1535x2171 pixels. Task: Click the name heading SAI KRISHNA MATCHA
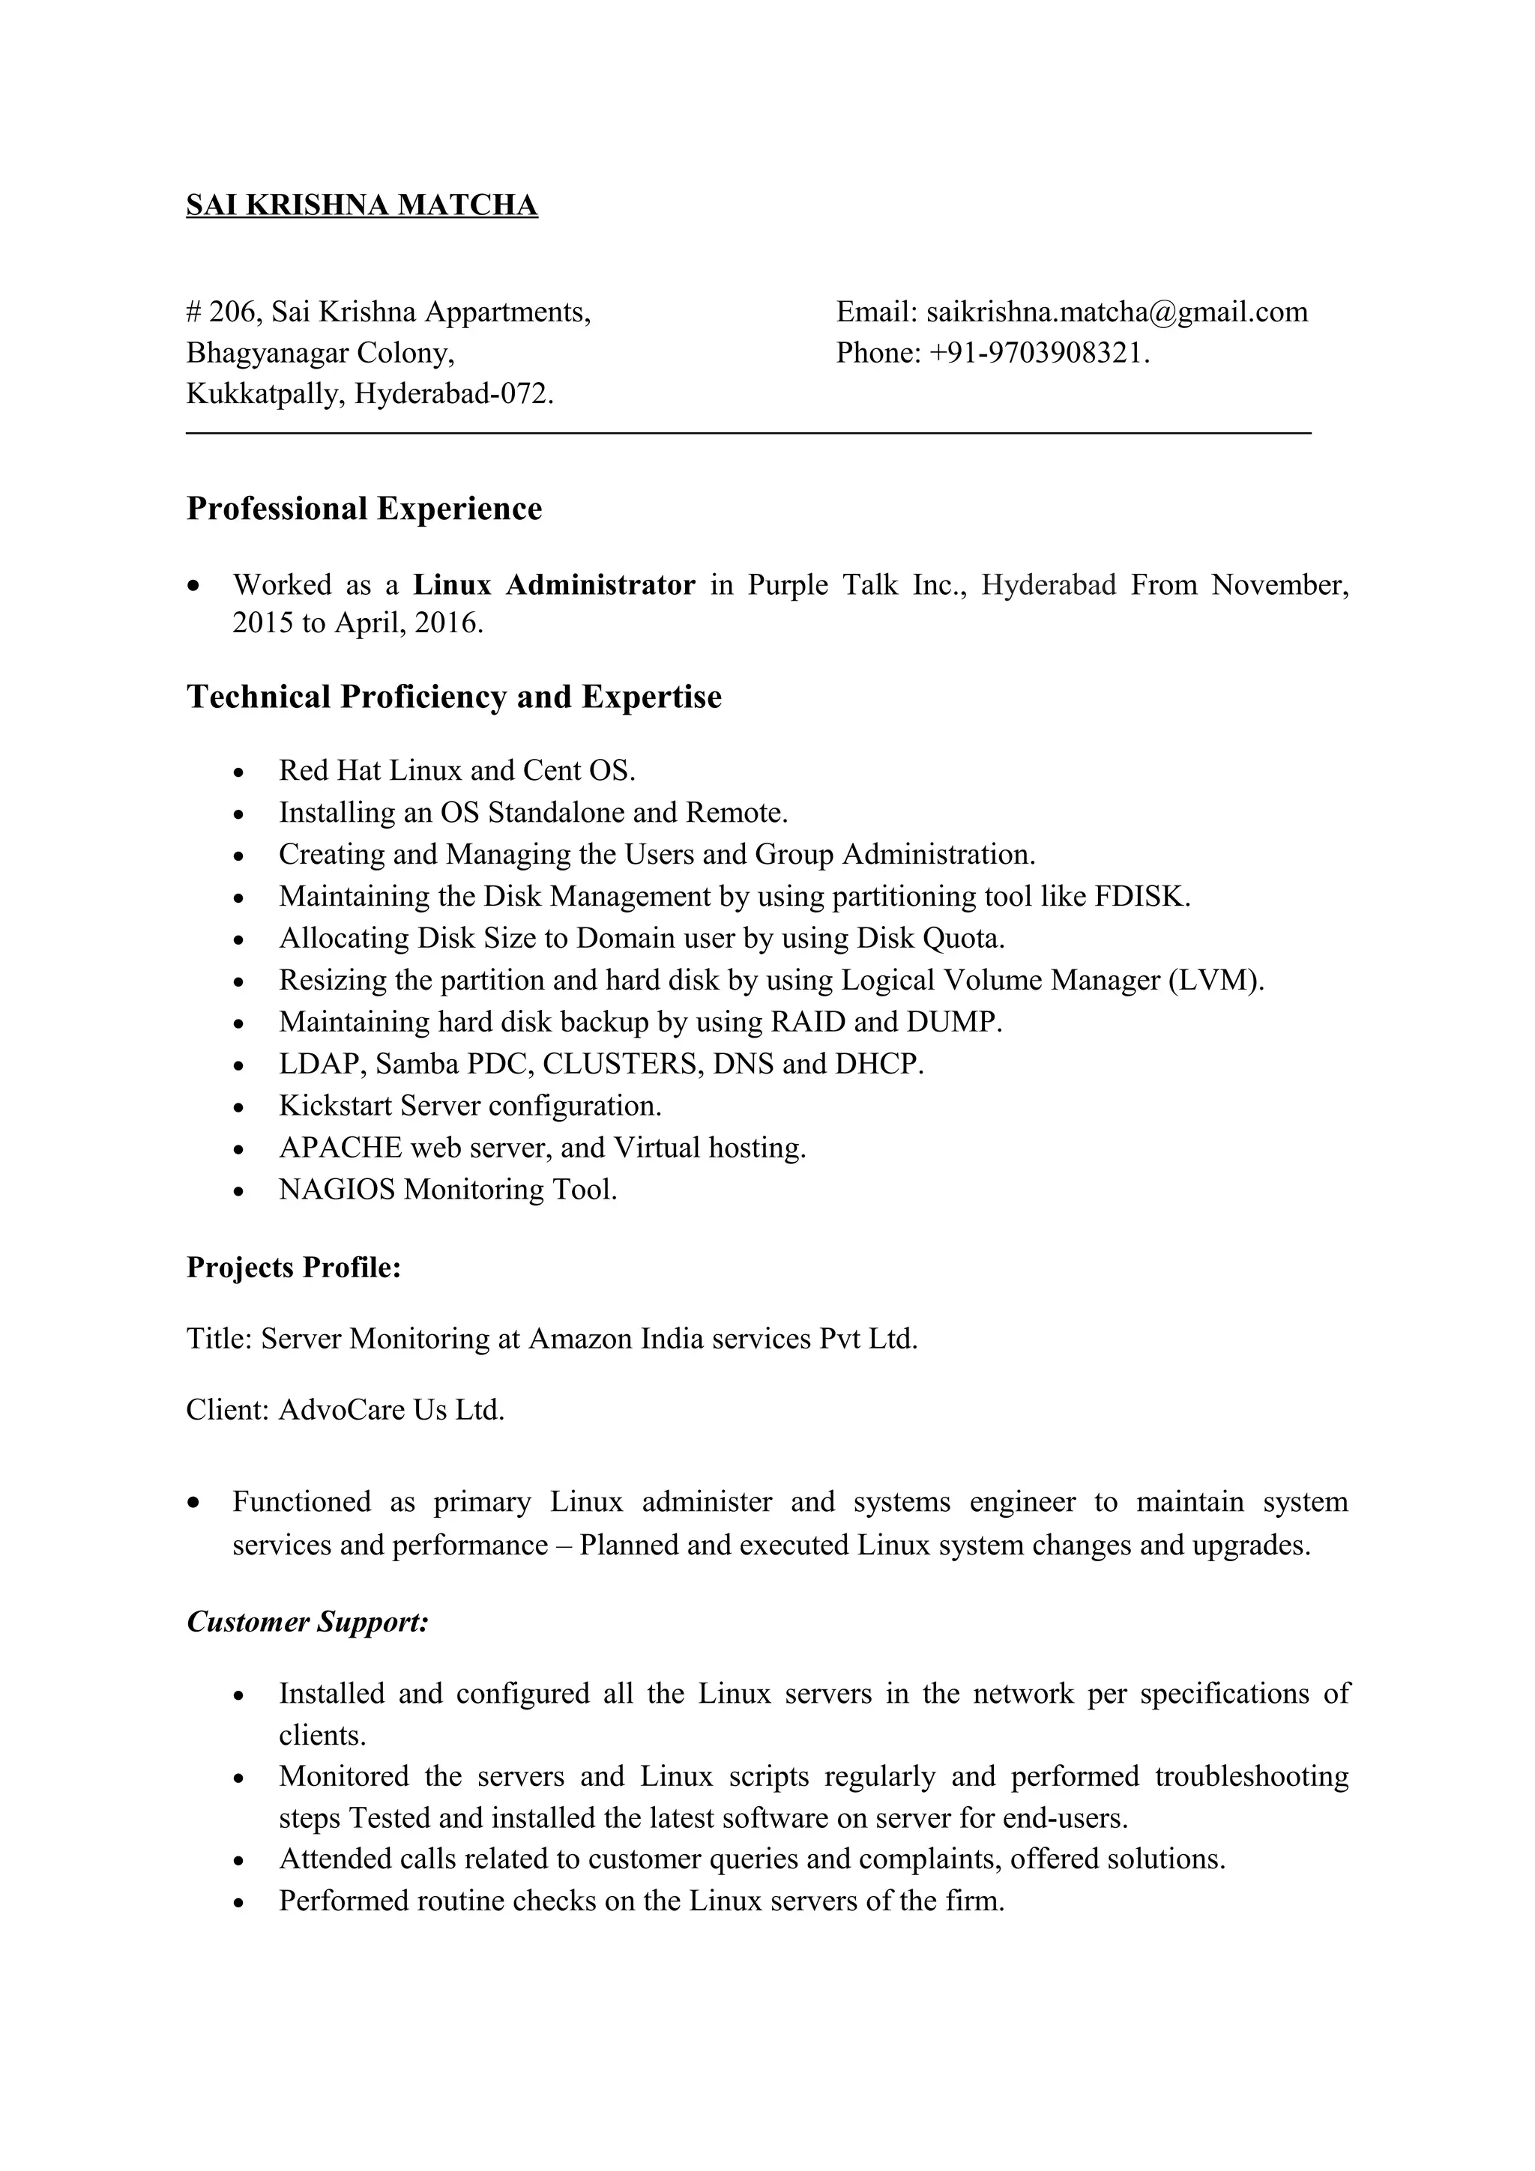coord(361,205)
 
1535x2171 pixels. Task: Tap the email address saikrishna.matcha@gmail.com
coord(1117,312)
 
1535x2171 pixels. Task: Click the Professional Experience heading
coord(364,509)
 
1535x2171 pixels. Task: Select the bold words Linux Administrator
coord(554,585)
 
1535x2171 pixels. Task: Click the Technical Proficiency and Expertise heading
coord(454,697)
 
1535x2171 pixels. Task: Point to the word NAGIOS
coord(337,1190)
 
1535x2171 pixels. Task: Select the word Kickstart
coord(335,1106)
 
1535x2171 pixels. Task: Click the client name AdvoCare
coord(344,1411)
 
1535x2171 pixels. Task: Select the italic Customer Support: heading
coord(308,1623)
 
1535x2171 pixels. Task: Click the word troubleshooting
coord(1251,1777)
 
